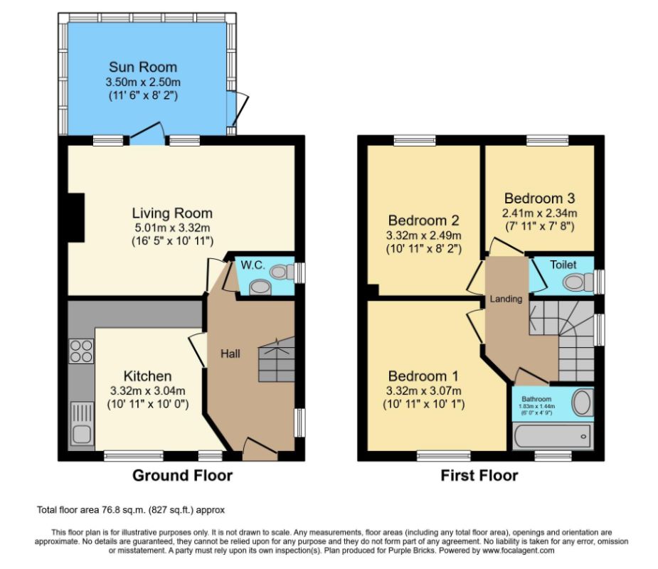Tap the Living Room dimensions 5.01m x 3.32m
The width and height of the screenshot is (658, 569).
pos(172,228)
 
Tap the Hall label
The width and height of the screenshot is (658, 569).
pos(230,353)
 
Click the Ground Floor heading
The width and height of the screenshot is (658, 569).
pos(183,475)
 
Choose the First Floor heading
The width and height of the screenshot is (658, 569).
pos(479,475)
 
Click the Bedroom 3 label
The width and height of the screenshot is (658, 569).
pos(539,198)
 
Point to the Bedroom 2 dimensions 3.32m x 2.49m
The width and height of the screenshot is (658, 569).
pos(423,235)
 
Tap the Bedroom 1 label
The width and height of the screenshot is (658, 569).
pos(423,376)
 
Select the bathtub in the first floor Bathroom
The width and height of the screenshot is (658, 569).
pos(552,435)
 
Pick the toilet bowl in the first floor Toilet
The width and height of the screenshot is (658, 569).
pos(577,282)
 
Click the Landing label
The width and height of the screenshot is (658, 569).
pos(506,299)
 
